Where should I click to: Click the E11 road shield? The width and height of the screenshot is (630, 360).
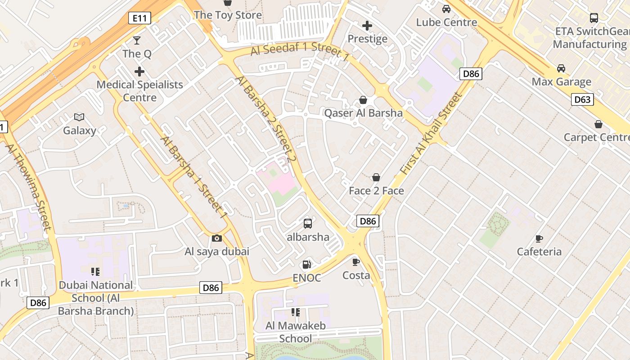(139, 18)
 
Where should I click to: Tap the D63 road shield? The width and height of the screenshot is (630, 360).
(582, 99)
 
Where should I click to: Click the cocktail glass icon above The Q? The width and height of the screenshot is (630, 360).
(137, 40)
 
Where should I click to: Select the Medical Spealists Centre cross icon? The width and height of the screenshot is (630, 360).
(139, 71)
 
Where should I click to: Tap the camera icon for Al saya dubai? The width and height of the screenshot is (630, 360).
(216, 238)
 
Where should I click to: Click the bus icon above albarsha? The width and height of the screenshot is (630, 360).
(308, 223)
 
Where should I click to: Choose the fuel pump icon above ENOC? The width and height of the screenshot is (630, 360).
(307, 265)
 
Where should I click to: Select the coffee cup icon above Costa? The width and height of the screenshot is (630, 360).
(356, 262)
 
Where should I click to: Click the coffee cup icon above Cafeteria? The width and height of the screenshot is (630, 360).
(539, 238)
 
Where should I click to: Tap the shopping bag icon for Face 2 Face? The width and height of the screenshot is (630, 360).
(376, 178)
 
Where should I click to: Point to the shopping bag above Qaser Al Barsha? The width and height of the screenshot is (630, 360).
(363, 100)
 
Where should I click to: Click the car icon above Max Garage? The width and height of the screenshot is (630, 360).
(561, 68)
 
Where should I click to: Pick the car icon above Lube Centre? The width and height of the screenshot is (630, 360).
(446, 9)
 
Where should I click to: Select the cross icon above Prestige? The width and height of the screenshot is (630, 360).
(367, 26)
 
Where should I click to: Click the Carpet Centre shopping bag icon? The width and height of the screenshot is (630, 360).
(598, 124)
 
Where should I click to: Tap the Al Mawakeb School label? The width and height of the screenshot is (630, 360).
(295, 332)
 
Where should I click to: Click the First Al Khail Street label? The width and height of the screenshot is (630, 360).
(431, 134)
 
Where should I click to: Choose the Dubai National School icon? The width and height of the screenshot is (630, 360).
(95, 271)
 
